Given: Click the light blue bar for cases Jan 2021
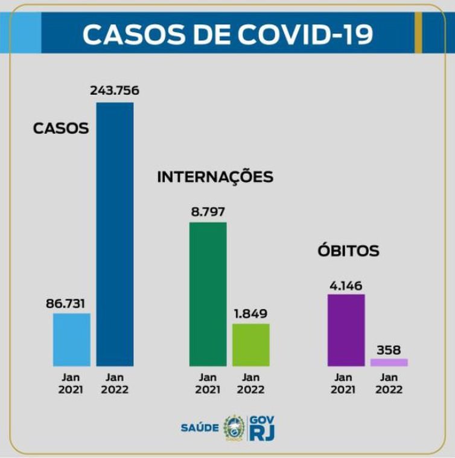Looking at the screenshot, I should (71, 339).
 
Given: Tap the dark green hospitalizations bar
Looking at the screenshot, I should (208, 294).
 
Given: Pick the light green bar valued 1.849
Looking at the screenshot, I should (250, 344).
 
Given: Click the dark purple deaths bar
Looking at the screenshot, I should (346, 330).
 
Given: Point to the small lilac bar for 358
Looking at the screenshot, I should (389, 363).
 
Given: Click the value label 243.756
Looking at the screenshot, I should (115, 91).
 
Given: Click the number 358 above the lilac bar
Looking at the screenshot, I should (389, 349).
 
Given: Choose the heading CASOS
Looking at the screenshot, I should (60, 128).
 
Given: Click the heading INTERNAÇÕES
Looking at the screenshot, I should (215, 177).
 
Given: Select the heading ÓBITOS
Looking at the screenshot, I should (348, 250).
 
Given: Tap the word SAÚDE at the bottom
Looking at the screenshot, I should (199, 428).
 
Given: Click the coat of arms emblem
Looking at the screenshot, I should (234, 427).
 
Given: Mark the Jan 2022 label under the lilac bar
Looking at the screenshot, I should (389, 384).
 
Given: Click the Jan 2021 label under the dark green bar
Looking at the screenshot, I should (208, 384).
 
